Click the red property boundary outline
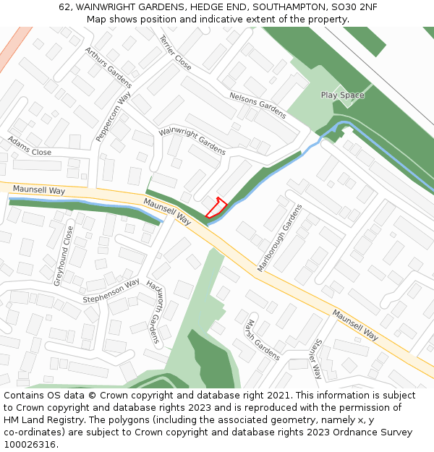[216, 208]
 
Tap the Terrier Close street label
[175, 53]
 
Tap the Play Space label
[342, 95]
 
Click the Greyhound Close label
[64, 255]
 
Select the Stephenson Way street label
[111, 291]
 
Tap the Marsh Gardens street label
[263, 339]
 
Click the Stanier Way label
[317, 359]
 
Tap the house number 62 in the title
[65, 7]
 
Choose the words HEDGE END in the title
[211, 7]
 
